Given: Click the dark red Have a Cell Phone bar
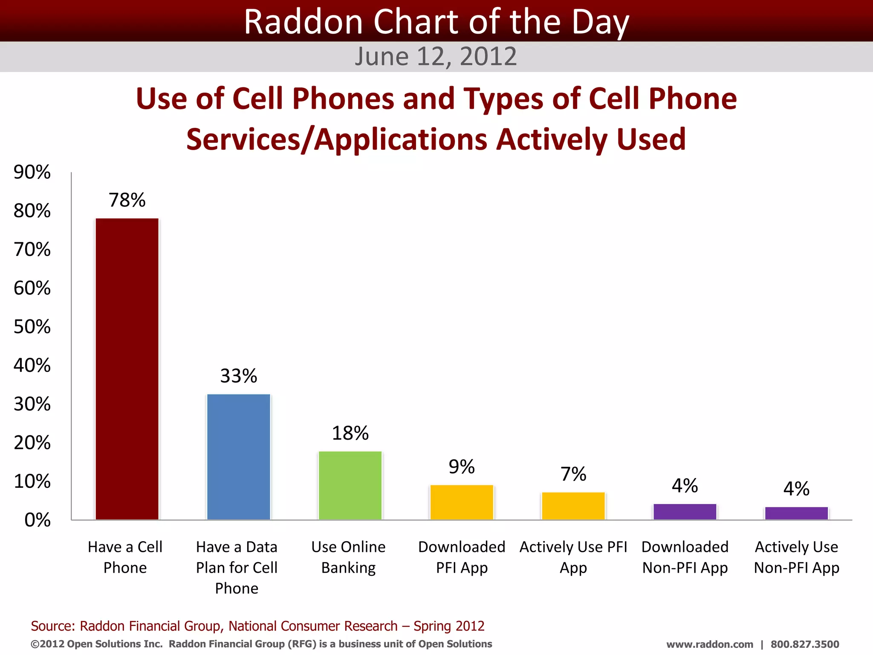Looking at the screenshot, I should coord(127,369).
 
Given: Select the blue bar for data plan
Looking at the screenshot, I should coord(239,457).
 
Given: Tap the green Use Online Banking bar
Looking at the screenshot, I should coord(350,485).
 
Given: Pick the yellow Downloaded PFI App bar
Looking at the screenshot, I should coord(462,502).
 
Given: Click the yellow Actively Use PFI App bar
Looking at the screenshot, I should coord(573,506).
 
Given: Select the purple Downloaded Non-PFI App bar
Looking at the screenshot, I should coord(685,512).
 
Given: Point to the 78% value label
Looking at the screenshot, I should coord(127,200).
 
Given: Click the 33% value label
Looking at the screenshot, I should coord(239,376).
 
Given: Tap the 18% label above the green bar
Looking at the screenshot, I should coord(350,433).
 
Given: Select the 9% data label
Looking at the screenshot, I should coord(462,467).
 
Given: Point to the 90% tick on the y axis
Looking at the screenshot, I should coord(32,172).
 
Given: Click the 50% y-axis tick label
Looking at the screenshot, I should coord(32,327).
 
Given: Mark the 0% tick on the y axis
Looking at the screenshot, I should coord(38,520).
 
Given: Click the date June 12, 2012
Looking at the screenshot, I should coord(436,56).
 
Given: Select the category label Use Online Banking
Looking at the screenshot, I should coord(348,557).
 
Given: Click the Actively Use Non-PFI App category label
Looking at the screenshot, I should coord(796,557).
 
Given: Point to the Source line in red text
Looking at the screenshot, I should coord(257,626).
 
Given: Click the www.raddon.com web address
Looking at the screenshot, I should coord(709,644).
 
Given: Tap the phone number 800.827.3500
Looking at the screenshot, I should coord(804,644).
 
